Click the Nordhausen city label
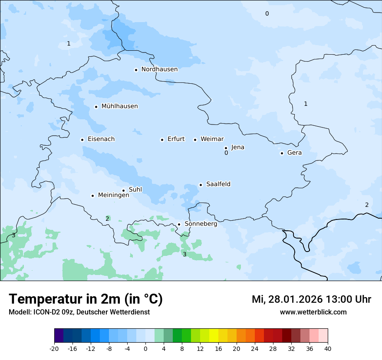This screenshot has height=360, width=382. [159, 69]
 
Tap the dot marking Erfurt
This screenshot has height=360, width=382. [162, 140]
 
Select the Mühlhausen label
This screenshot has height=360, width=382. [119, 106]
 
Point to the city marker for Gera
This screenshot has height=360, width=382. [282, 153]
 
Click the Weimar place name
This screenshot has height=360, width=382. [212, 139]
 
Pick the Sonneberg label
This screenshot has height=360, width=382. [201, 224]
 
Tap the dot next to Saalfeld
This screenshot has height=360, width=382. [201, 185]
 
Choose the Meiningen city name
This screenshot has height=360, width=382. [113, 195]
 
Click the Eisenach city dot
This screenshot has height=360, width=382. [82, 140]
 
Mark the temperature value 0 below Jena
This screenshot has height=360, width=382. [226, 153]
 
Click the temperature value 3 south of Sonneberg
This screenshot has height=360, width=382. [184, 254]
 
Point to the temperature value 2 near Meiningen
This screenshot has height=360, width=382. [107, 219]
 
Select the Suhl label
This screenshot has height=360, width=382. [135, 190]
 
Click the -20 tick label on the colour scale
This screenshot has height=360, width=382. [54, 348]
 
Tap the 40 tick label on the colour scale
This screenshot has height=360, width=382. [328, 348]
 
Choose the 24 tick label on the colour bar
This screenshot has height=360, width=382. [255, 348]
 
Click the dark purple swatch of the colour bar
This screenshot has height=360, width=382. [59, 336]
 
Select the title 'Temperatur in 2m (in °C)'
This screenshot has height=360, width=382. [86, 299]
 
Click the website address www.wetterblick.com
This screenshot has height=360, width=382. [313, 312]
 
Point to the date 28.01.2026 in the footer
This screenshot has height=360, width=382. [296, 299]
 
